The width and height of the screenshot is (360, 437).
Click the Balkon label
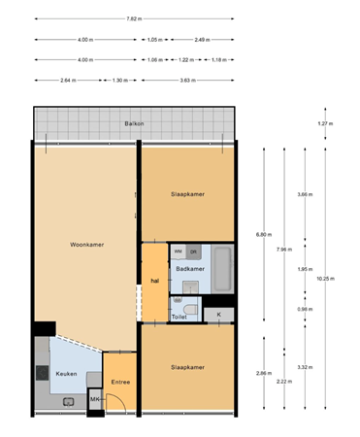click(x=135, y=124)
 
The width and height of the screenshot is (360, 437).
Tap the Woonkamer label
click(x=86, y=245)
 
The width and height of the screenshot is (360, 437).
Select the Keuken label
click(x=66, y=373)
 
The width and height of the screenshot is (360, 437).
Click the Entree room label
click(x=121, y=382)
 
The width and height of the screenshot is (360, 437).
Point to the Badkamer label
click(x=189, y=268)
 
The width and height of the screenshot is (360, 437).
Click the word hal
click(x=153, y=282)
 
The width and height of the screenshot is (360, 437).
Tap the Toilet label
click(x=179, y=317)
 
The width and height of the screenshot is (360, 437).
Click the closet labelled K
click(x=218, y=315)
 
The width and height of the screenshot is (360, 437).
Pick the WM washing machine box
click(x=178, y=251)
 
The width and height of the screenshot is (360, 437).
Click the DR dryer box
click(x=193, y=251)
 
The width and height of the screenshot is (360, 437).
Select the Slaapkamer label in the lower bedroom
click(x=187, y=367)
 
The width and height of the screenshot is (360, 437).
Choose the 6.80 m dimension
click(x=262, y=234)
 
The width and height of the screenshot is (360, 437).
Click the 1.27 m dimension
click(x=325, y=124)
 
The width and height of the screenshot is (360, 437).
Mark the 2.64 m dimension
click(x=68, y=80)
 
